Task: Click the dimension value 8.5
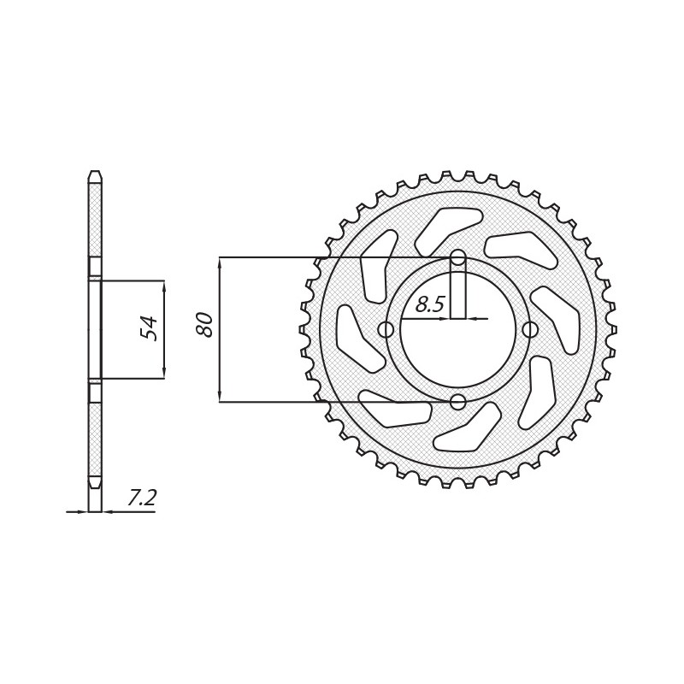click(x=430, y=304)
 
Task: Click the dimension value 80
click(x=206, y=324)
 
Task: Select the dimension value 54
click(x=150, y=328)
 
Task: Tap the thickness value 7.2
click(x=142, y=498)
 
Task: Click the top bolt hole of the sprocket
click(x=458, y=257)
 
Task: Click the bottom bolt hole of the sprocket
click(x=458, y=401)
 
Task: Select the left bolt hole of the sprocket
click(x=386, y=329)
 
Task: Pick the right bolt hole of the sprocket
click(x=530, y=329)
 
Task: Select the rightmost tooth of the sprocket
click(x=611, y=329)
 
